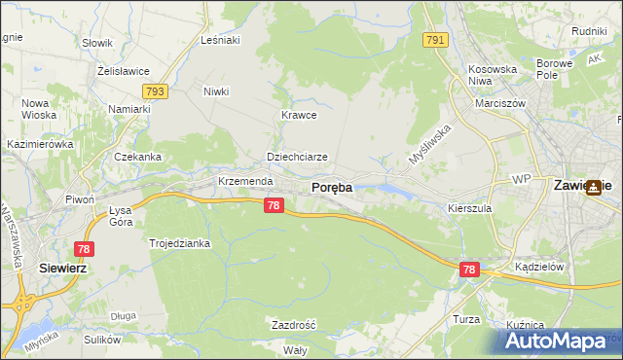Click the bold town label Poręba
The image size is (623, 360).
click(x=331, y=187)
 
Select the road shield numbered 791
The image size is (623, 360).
click(x=435, y=40)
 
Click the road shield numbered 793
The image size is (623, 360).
click(x=154, y=91)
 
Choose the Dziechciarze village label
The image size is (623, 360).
click(x=297, y=156)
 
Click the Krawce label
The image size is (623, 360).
click(x=300, y=114)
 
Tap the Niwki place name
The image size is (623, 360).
click(x=215, y=91)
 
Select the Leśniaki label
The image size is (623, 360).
click(x=219, y=40)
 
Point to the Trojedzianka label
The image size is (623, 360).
click(x=179, y=243)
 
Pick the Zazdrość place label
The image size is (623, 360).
click(x=293, y=324)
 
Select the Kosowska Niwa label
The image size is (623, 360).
click(x=493, y=75)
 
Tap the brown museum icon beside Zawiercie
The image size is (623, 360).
click(x=593, y=190)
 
